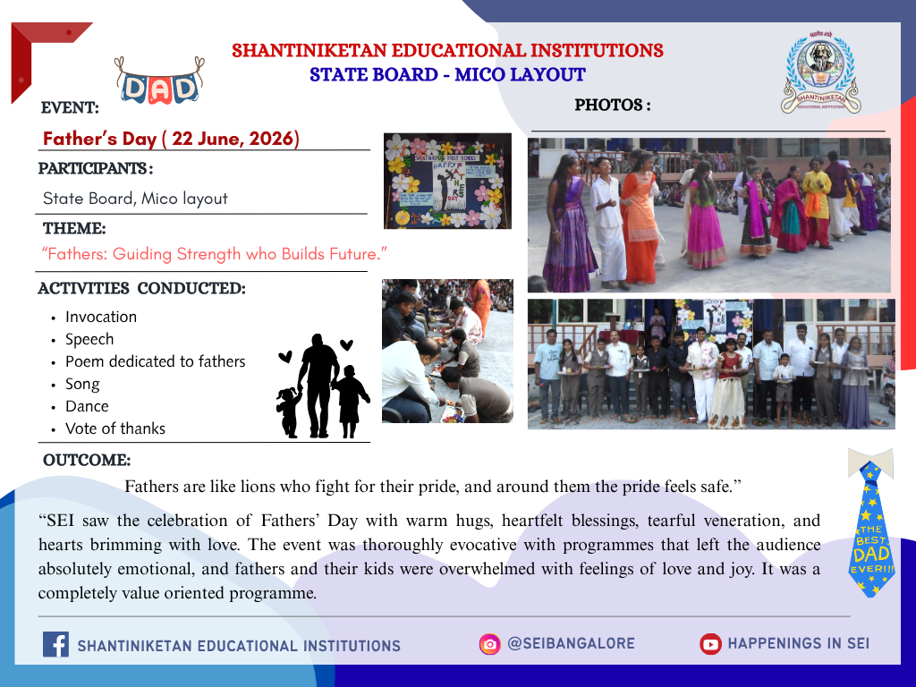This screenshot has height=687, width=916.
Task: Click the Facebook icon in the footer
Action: tap(55, 644)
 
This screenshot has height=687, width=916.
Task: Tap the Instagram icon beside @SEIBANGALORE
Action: tap(489, 644)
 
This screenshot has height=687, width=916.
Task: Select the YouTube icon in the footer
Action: tap(710, 644)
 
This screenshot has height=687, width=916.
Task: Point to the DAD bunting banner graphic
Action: tap(159, 81)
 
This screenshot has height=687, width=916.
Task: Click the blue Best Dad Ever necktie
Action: tap(871, 522)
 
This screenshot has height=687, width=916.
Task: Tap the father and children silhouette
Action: tap(323, 386)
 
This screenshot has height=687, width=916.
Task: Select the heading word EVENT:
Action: tap(70, 107)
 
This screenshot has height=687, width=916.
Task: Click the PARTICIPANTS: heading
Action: tap(96, 168)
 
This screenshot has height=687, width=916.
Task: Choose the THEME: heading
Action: tap(74, 228)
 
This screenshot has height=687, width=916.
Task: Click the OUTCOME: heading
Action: tap(87, 460)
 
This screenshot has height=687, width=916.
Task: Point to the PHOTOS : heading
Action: tap(612, 106)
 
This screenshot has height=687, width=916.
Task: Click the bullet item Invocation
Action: tap(101, 317)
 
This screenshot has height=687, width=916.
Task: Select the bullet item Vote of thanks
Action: tap(115, 428)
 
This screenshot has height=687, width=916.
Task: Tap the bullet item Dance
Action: tap(87, 406)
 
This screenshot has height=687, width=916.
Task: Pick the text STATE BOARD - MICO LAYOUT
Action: tap(447, 75)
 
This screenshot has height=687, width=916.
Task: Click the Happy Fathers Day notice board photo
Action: tap(447, 181)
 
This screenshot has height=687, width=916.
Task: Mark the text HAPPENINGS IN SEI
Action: tap(798, 644)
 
